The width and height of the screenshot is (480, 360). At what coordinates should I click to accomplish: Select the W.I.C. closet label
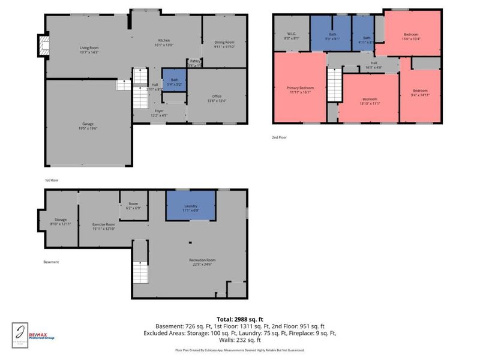290,35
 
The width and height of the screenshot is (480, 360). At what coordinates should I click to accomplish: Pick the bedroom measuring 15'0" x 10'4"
410,35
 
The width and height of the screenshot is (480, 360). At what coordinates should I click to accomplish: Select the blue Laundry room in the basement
191,208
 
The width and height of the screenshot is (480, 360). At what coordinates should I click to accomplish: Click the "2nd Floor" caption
280,137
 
